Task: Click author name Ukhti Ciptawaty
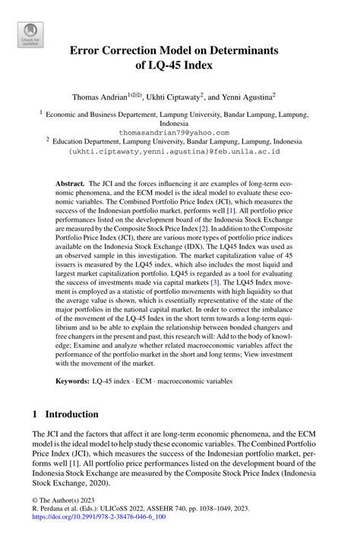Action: pyautogui.click(x=178, y=97)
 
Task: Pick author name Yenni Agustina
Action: pyautogui.click(x=250, y=97)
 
